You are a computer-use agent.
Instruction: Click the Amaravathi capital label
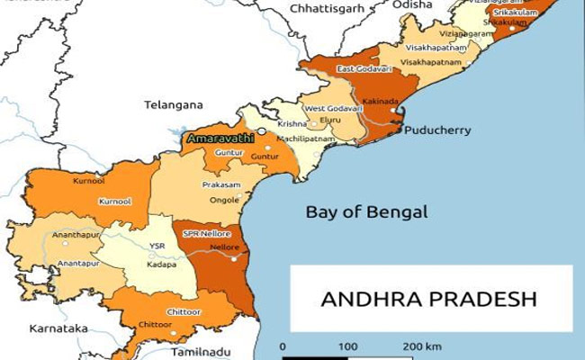pos(219,139)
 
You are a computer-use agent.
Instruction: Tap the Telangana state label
pos(174,104)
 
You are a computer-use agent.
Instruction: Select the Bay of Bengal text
pos(365,212)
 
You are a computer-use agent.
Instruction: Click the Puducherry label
pos(437,130)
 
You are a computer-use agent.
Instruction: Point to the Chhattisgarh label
pos(326,8)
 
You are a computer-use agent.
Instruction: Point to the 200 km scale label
pos(422,346)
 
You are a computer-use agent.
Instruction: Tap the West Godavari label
pos(328,108)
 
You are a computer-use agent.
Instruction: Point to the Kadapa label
pos(162,265)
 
